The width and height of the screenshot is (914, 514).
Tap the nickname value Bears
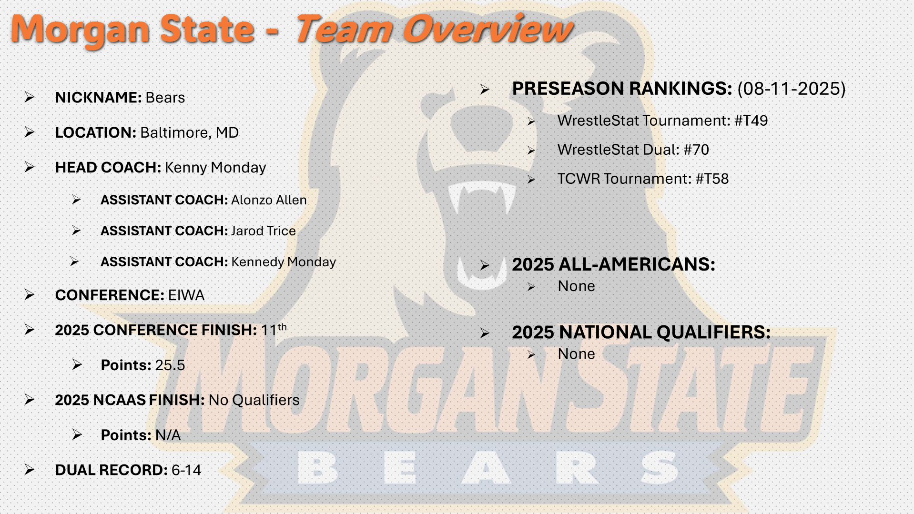[x=165, y=98]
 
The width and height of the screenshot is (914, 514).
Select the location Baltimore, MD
[x=190, y=133]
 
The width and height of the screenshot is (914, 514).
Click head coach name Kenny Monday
[x=215, y=168]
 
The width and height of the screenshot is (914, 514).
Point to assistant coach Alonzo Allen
[x=269, y=200]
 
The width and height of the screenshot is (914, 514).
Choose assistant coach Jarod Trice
[x=264, y=231]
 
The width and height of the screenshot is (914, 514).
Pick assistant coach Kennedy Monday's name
[x=284, y=262]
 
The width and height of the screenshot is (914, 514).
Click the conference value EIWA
[x=186, y=295]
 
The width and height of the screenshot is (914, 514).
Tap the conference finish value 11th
[x=274, y=329]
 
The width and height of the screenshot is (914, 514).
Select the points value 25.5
[x=170, y=365]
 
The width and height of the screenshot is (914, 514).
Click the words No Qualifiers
[x=254, y=400]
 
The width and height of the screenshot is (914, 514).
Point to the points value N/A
[x=168, y=435]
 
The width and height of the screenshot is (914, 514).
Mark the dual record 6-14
[x=186, y=470]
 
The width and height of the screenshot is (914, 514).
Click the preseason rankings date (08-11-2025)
[x=792, y=89]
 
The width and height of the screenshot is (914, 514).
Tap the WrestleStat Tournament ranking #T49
[x=751, y=121]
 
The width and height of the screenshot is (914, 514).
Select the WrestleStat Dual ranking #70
[x=696, y=150]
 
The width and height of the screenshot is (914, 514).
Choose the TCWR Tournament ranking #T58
[x=712, y=179]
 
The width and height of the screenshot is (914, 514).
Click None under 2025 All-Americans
[x=577, y=286]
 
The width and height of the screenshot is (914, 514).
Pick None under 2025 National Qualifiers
[x=577, y=354]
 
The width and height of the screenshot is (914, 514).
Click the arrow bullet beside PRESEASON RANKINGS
[x=485, y=90]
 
